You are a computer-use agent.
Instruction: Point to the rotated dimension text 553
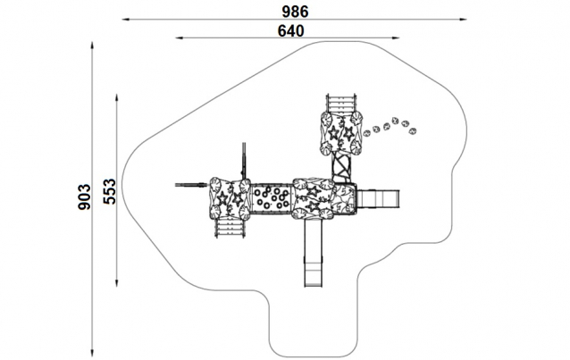[110, 191]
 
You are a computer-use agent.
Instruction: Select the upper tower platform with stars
[341, 133]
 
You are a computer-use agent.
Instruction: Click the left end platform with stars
[229, 198]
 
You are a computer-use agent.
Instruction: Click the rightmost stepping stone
[412, 131]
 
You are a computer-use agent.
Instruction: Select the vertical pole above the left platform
[243, 161]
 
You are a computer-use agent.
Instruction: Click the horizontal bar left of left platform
[190, 185]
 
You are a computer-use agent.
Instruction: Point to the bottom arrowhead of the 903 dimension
[93, 352]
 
